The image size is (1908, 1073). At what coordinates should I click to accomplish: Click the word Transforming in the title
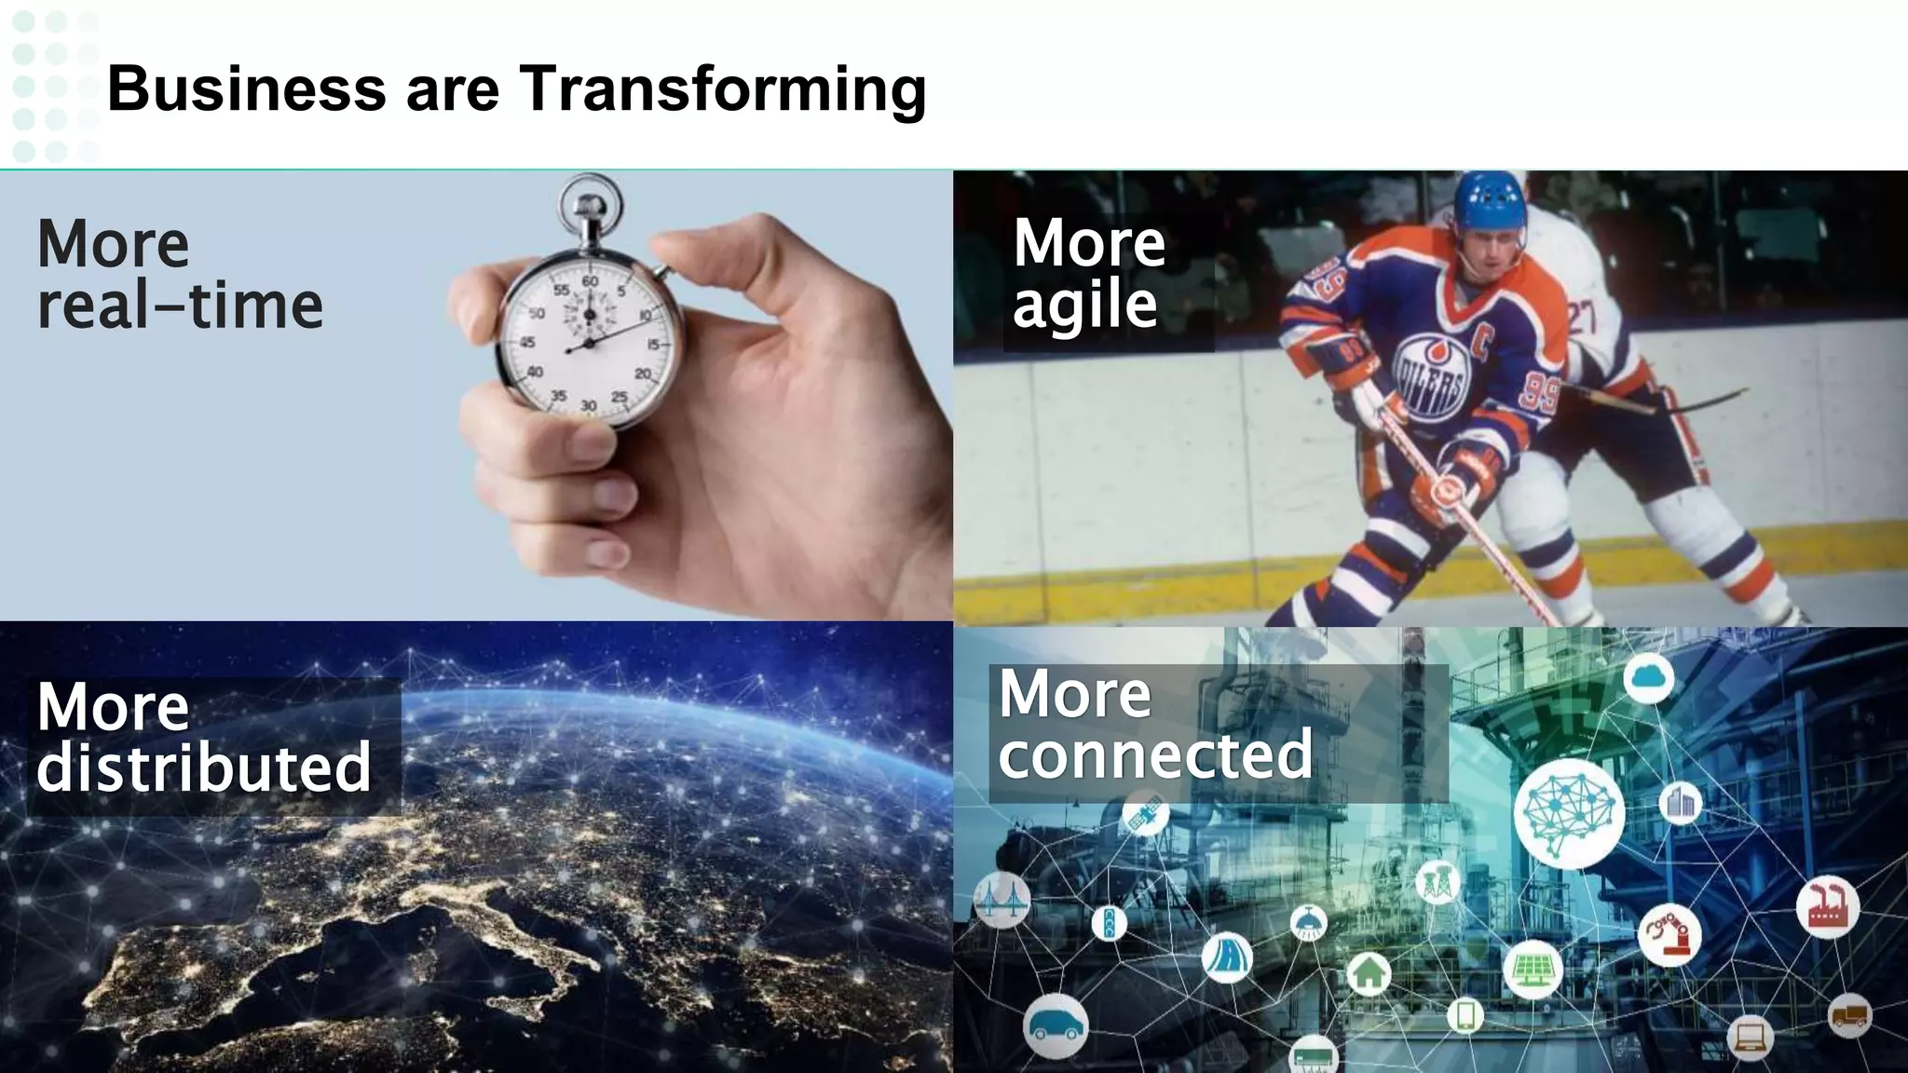(722, 89)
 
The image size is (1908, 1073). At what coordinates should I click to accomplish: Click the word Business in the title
(246, 89)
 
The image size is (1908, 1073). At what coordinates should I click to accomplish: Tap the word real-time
(180, 306)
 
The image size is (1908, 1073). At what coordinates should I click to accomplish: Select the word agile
(1084, 306)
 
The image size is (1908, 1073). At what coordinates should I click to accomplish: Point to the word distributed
(204, 767)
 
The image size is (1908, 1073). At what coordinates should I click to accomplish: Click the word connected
(1155, 754)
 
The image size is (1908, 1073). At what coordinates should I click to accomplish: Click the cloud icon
(1648, 677)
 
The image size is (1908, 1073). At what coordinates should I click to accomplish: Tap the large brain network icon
(1569, 813)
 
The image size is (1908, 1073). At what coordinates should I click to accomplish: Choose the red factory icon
(1827, 906)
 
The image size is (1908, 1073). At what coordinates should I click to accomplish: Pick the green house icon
(1369, 973)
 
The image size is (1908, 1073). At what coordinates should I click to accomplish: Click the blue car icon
(1055, 1025)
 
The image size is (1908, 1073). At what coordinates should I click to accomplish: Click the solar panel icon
(1532, 970)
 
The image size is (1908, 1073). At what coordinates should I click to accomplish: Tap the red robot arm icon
(1669, 934)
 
